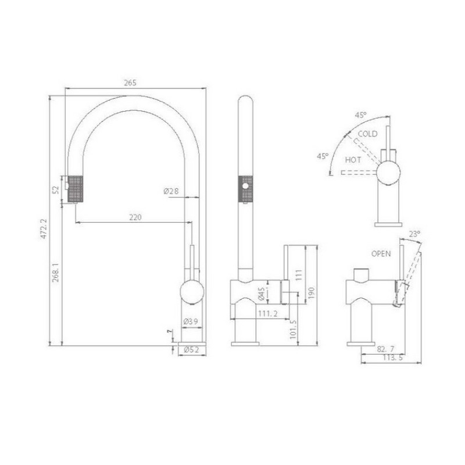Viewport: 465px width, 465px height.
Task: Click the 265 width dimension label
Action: click(130, 83)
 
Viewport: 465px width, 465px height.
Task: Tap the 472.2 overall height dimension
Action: click(44, 228)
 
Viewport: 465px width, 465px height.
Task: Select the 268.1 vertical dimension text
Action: click(56, 272)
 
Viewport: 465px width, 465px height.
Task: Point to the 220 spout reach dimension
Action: click(135, 217)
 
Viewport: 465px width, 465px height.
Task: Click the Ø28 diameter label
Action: click(171, 191)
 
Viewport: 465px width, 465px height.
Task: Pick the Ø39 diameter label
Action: click(191, 321)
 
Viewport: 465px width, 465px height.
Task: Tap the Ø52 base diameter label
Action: click(191, 350)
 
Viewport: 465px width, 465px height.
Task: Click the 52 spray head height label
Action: click(56, 190)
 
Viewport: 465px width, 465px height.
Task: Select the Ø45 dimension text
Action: click(261, 294)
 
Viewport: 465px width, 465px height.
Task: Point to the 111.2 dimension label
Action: click(268, 313)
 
